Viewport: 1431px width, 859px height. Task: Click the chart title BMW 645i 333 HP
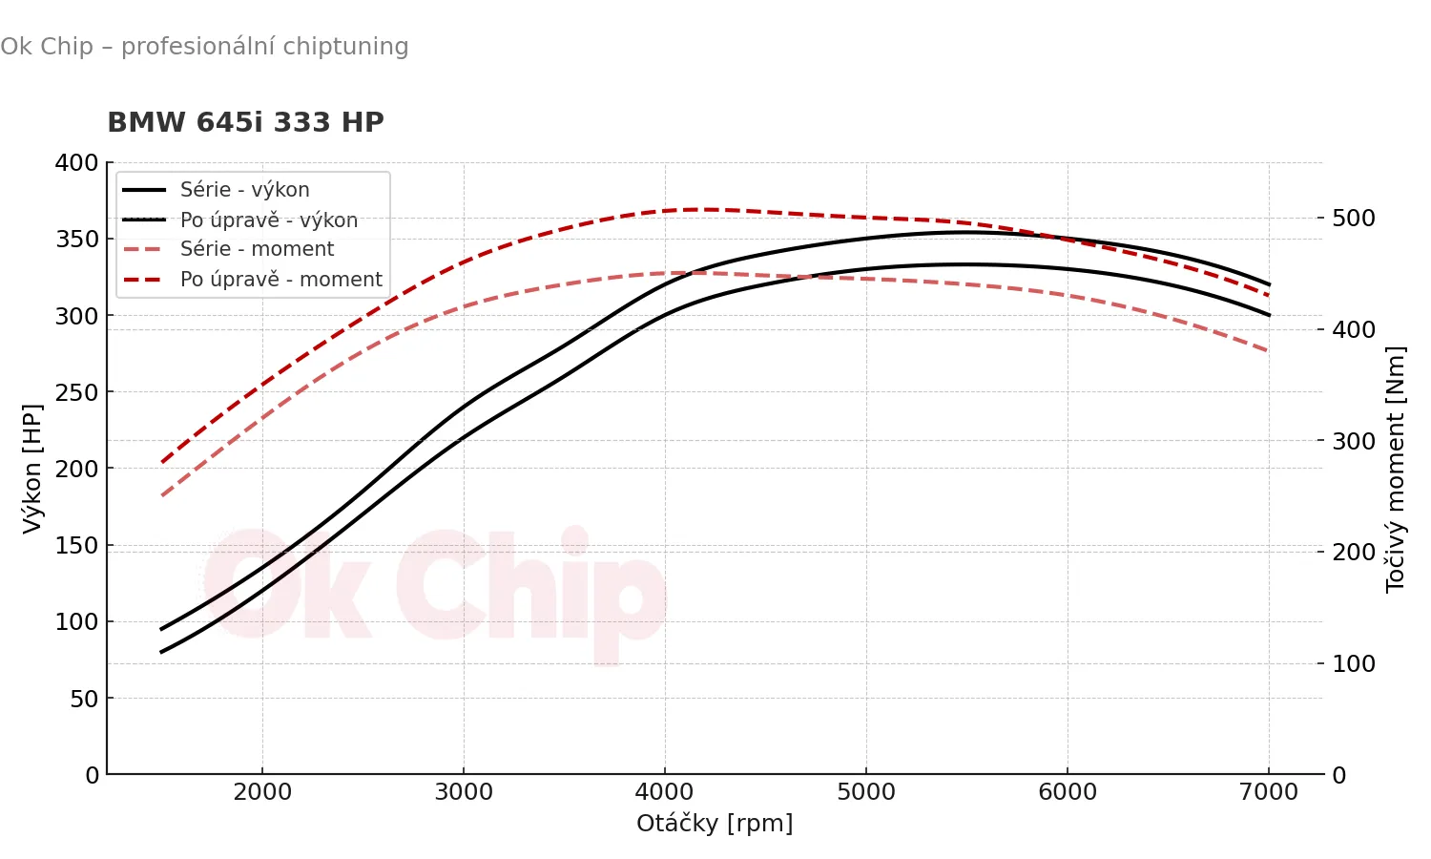pos(245,123)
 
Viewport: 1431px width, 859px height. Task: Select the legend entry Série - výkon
pos(244,190)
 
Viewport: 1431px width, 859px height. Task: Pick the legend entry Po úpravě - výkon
pos(268,220)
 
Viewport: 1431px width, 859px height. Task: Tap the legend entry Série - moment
pos(257,249)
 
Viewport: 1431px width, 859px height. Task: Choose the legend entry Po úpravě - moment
pos(280,280)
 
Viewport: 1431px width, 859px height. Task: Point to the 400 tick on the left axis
pos(76,163)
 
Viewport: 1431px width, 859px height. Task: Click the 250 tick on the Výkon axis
pos(76,392)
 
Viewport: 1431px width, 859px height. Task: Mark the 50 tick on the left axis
pos(84,699)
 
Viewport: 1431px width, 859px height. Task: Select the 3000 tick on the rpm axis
pos(464,792)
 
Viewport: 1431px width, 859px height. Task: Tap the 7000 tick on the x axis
pos(1269,792)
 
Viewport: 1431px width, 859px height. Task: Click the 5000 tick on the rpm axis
pos(866,792)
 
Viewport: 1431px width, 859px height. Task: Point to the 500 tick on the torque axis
pos(1354,219)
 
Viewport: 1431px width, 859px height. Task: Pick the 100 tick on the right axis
pos(1354,664)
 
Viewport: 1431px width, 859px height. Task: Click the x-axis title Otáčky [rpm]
pos(715,823)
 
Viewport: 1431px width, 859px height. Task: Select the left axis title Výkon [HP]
pos(32,468)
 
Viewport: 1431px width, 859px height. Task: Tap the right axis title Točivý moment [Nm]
pos(1396,469)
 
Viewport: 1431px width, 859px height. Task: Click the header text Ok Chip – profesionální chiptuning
pos(204,47)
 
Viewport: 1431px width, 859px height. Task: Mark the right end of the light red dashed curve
pos(1269,351)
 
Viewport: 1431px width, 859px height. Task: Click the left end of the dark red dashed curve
pos(162,462)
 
